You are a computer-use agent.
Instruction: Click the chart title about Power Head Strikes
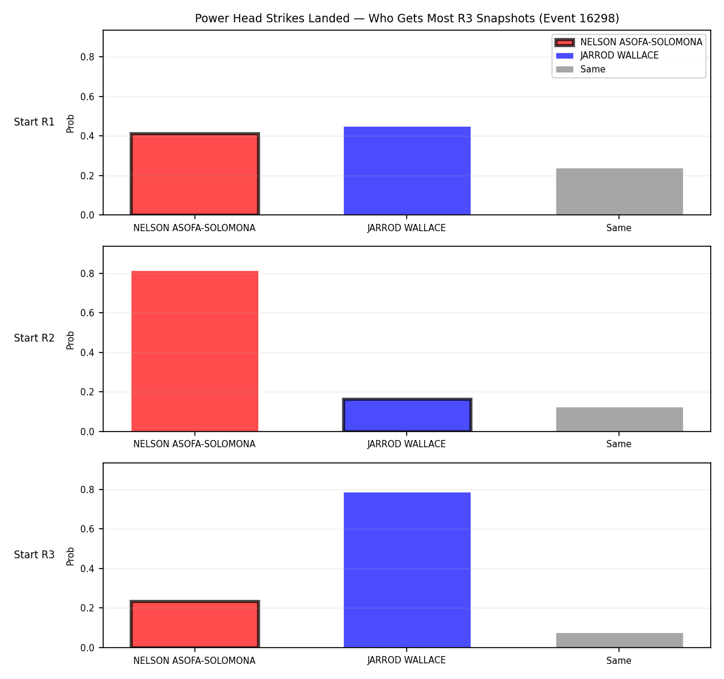click(x=407, y=18)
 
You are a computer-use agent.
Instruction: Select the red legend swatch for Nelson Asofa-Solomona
click(x=564, y=42)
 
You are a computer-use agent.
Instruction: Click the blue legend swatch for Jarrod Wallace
click(x=564, y=56)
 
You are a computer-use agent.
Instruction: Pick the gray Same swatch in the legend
click(x=564, y=69)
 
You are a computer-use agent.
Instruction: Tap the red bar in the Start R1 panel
click(x=195, y=174)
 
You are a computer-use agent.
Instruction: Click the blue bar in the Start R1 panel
click(x=407, y=171)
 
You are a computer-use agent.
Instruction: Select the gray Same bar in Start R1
click(x=619, y=191)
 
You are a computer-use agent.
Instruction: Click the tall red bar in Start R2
click(x=195, y=351)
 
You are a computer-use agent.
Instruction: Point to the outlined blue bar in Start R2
click(x=407, y=415)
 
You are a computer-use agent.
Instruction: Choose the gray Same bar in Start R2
click(x=619, y=419)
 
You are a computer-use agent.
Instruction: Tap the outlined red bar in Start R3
click(x=195, y=624)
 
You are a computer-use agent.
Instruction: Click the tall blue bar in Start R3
click(x=407, y=570)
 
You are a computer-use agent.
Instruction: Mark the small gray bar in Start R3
click(x=619, y=640)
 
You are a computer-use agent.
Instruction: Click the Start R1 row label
click(x=34, y=122)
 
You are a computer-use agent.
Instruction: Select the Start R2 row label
click(x=34, y=338)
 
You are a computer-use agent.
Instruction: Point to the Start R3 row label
click(x=34, y=555)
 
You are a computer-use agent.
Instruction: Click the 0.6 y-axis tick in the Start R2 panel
click(x=87, y=313)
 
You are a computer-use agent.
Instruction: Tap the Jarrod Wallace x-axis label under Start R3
click(x=407, y=660)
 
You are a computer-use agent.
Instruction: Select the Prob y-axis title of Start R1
click(x=70, y=124)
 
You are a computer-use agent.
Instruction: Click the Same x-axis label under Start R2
click(x=618, y=444)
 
